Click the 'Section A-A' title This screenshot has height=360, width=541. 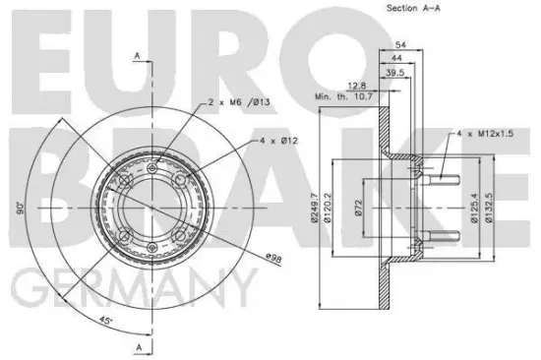click(x=413, y=8)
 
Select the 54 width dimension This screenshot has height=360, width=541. click(x=400, y=44)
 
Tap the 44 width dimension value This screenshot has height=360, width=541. click(x=396, y=58)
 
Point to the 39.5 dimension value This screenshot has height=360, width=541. click(x=394, y=73)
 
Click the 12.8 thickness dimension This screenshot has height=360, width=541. click(x=357, y=86)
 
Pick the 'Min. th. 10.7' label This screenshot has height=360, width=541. click(x=343, y=96)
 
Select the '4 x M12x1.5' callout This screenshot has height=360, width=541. click(x=485, y=133)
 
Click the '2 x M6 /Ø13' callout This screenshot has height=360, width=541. click(x=239, y=102)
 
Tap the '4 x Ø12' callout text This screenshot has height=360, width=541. click(x=278, y=141)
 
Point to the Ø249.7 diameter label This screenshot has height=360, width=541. click(x=315, y=208)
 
